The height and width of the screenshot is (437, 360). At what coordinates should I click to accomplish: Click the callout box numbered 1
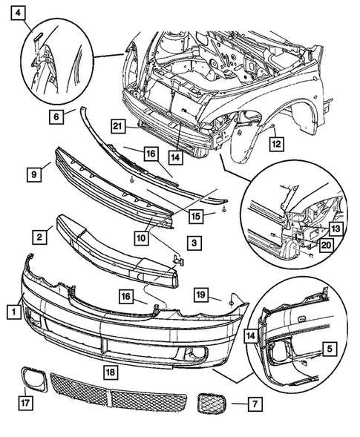tap(11, 312)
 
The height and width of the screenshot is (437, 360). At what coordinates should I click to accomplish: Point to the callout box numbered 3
tap(192, 242)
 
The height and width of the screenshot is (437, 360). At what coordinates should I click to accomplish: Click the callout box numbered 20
tap(326, 244)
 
